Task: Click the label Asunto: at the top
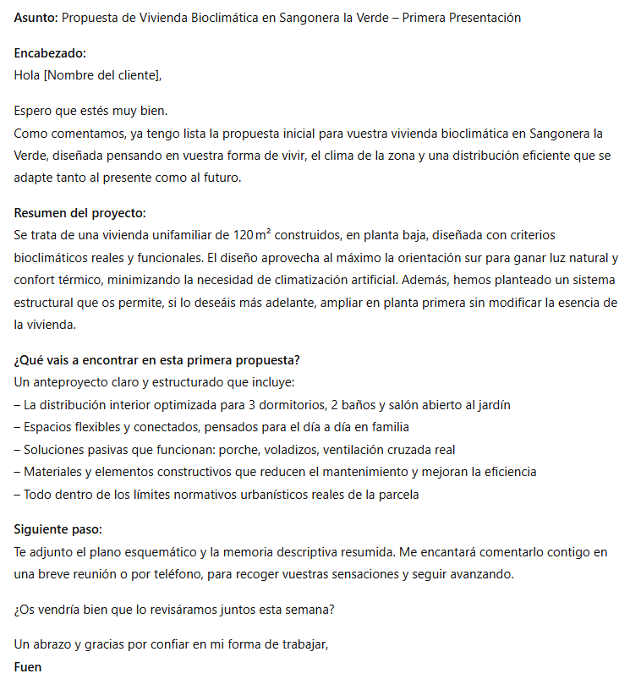coord(36,18)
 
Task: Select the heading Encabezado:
coord(50,53)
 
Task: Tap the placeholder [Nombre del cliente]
coord(101,74)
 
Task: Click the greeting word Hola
coord(27,74)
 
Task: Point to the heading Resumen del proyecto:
coord(80,213)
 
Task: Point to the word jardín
coord(490,405)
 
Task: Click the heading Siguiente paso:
coord(58,529)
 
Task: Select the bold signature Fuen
coord(28,667)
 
